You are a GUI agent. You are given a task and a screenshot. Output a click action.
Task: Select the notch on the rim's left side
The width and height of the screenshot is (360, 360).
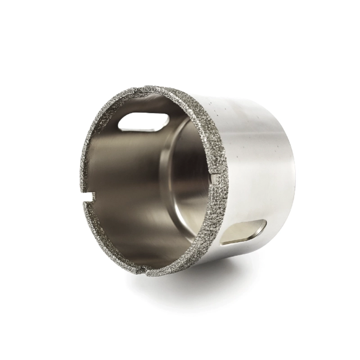(x=91, y=196)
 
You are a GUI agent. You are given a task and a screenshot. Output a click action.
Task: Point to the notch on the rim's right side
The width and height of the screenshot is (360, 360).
(x=215, y=179)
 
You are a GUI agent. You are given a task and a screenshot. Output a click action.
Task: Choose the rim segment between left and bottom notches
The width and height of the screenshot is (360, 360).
(x=108, y=243)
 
